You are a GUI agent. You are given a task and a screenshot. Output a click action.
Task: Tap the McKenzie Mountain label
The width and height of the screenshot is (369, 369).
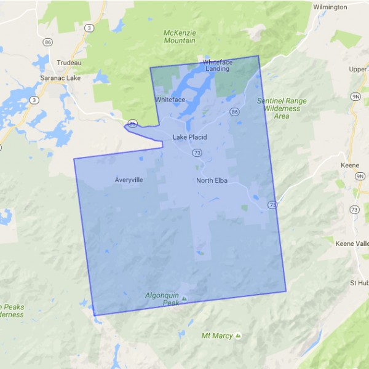[180, 36]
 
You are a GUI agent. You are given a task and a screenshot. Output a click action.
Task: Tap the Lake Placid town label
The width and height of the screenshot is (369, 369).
[189, 137]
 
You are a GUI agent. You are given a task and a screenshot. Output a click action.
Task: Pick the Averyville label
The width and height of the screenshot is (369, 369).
[129, 180]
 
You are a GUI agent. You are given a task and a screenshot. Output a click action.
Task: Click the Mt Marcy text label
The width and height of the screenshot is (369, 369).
[217, 336]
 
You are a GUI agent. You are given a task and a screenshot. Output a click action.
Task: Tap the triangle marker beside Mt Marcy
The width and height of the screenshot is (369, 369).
[237, 335]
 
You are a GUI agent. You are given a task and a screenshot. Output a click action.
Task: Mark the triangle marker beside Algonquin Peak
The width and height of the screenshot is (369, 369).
[183, 300]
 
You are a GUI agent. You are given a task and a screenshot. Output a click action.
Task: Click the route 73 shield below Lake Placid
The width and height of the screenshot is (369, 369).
[196, 152]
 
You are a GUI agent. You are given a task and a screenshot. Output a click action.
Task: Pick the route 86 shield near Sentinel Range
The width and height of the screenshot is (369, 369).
[234, 111]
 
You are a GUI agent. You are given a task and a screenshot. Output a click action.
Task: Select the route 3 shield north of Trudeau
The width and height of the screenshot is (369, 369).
[90, 28]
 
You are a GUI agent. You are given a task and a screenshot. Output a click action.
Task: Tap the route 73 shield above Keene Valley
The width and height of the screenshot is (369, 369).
[354, 210]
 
